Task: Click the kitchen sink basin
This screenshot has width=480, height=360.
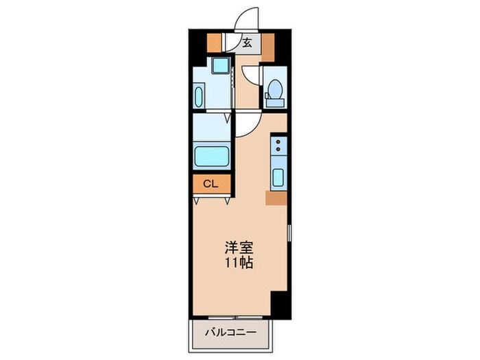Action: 278,177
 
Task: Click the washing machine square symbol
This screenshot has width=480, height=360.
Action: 219,67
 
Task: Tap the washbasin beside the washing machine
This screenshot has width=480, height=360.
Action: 199,95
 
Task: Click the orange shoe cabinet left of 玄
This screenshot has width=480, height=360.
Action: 216,43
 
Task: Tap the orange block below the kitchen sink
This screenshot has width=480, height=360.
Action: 276,198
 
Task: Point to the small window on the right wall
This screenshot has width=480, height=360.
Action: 289,232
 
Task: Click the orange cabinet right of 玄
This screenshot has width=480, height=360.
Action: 267,43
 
